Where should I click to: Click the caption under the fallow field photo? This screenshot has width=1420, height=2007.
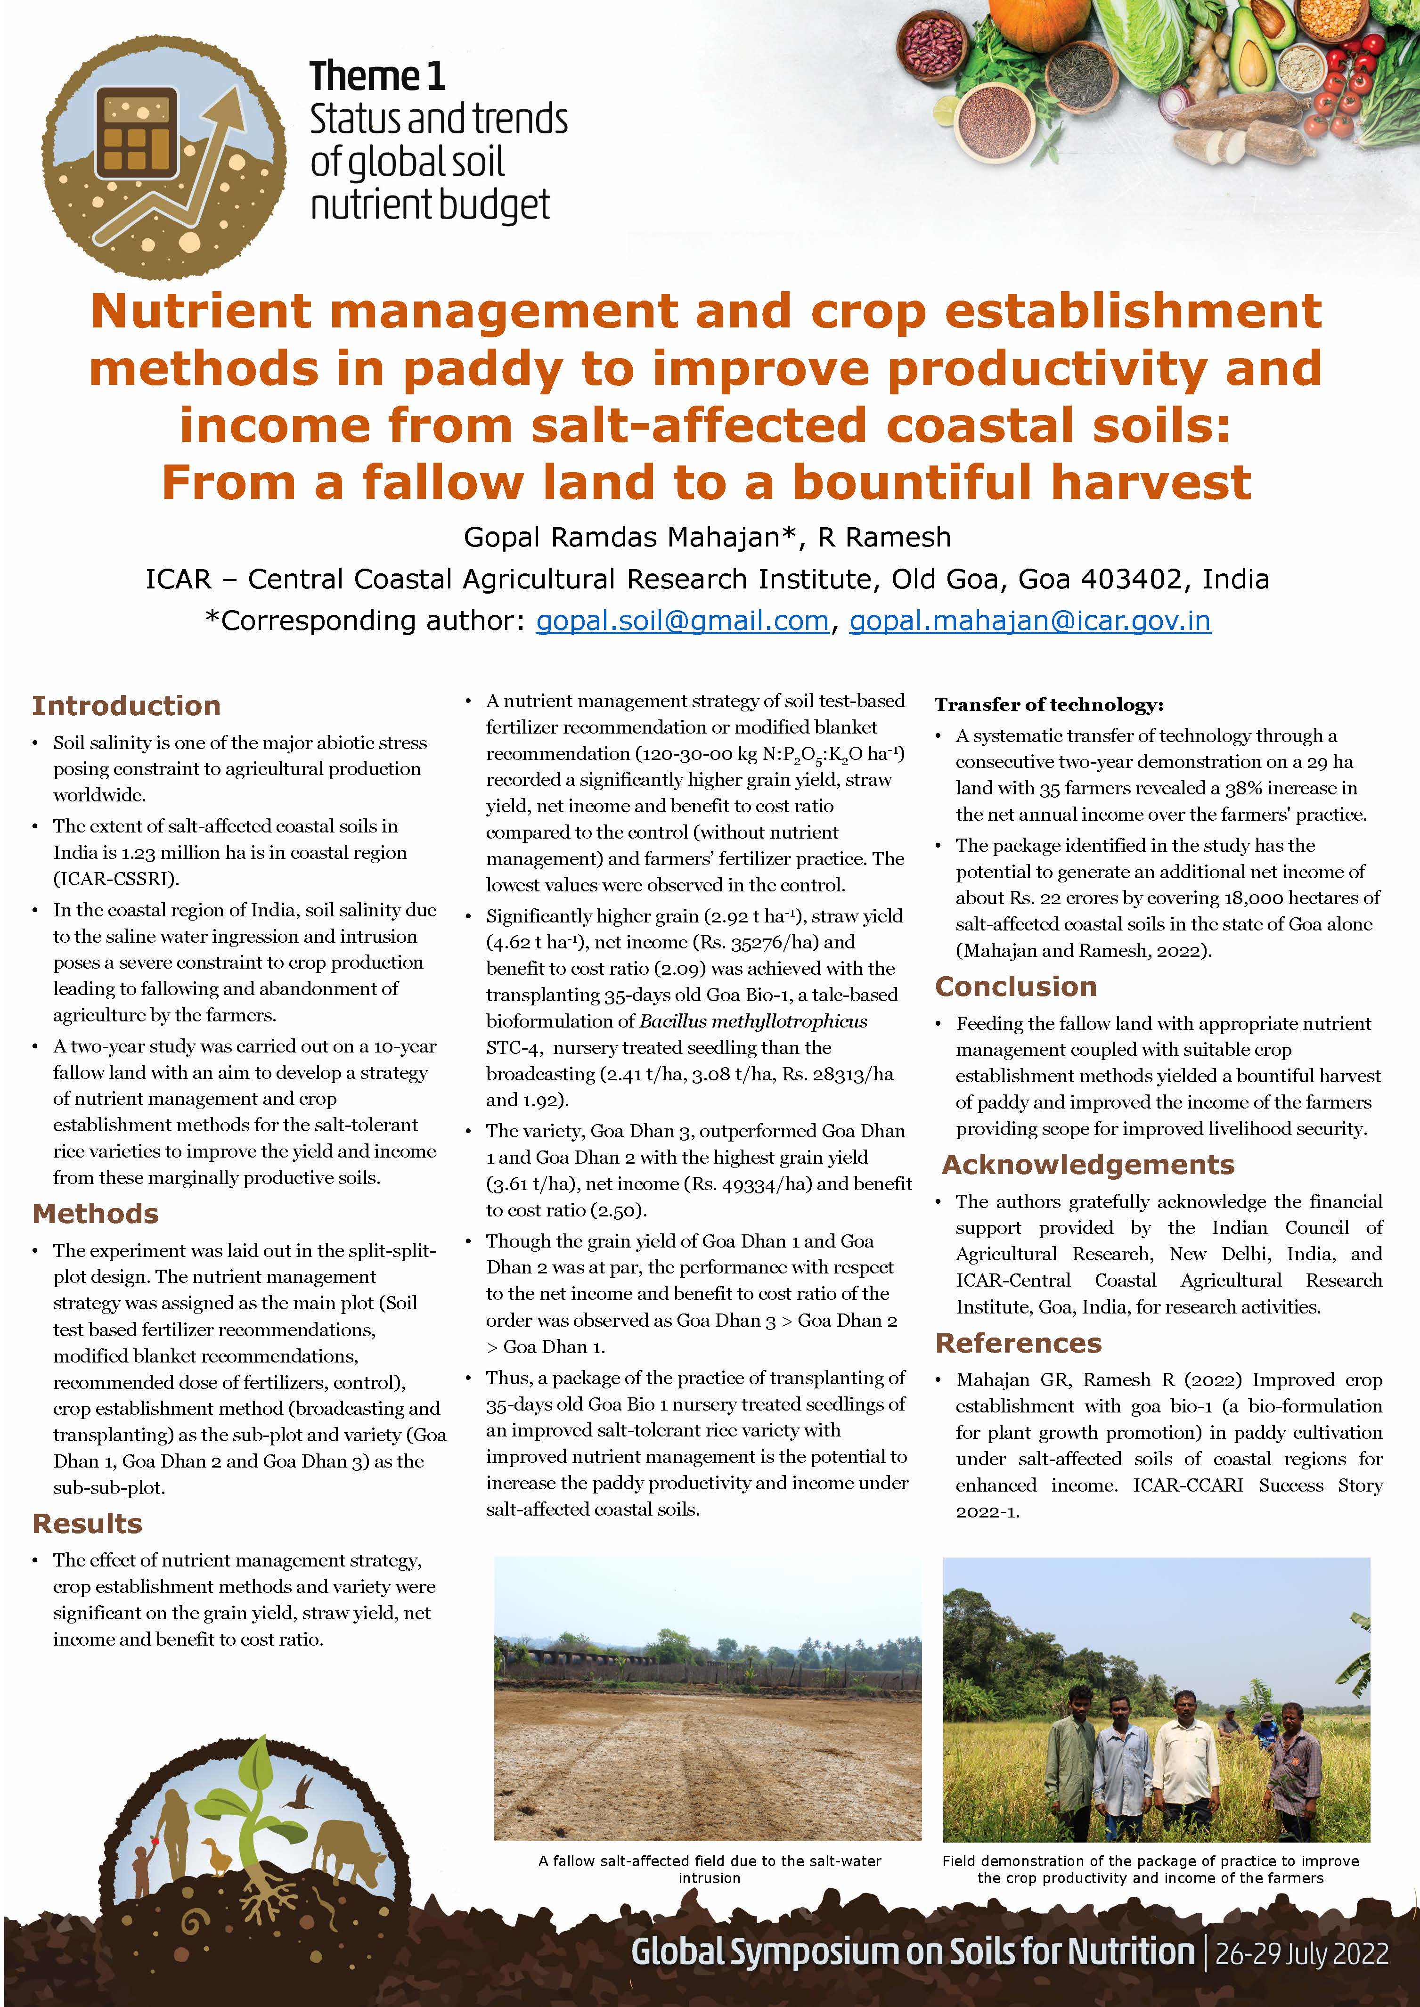(x=709, y=1869)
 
